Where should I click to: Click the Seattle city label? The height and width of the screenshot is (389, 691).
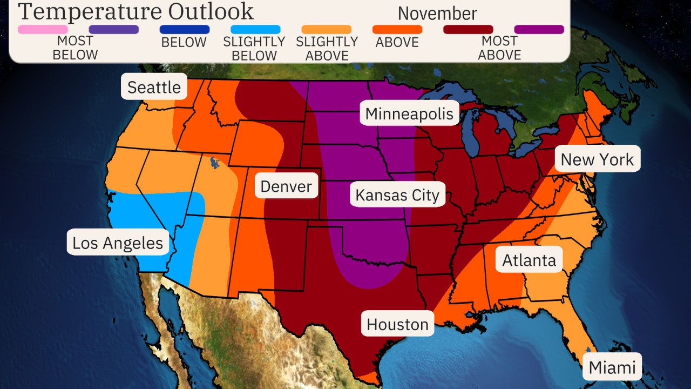[x=154, y=86]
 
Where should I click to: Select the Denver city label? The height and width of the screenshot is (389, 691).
[x=286, y=186]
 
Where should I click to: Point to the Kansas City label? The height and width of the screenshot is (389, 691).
[x=397, y=194]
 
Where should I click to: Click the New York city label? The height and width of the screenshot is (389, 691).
[x=597, y=159]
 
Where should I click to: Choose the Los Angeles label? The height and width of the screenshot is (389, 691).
[x=118, y=243]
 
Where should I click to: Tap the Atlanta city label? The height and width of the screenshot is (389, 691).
[x=529, y=260]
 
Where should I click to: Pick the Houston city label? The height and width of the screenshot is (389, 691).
[x=397, y=324]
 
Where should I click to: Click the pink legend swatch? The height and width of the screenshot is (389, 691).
[x=43, y=29]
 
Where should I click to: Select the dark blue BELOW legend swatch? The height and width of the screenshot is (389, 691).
[x=185, y=29]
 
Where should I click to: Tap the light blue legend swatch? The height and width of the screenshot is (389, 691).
[x=255, y=29]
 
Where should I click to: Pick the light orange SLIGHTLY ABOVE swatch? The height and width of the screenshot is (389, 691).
[x=326, y=29]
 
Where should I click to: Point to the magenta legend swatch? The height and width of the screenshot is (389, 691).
[x=539, y=29]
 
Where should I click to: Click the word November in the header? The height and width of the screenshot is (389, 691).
[x=437, y=13]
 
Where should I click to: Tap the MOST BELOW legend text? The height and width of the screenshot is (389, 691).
[x=75, y=48]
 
